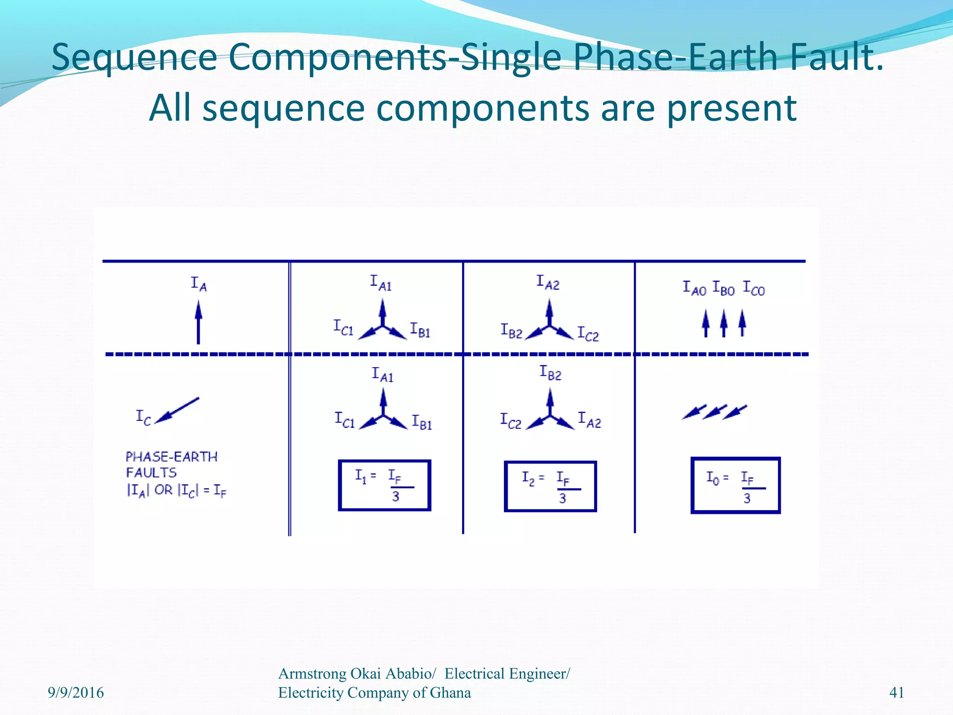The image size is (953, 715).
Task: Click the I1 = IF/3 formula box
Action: tap(384, 485)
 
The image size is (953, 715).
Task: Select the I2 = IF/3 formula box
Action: tap(550, 486)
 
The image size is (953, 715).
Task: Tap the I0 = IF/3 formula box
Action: tap(735, 485)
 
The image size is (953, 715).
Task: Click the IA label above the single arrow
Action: tap(199, 283)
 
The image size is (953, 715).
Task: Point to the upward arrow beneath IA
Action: tap(199, 322)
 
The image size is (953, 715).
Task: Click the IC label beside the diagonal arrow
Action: tap(143, 417)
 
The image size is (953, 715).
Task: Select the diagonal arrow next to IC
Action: tap(177, 410)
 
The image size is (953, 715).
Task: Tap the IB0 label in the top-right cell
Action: tap(723, 288)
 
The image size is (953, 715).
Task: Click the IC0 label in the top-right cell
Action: tap(753, 288)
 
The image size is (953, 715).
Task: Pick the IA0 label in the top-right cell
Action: tap(694, 288)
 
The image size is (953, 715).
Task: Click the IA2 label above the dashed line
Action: tap(548, 282)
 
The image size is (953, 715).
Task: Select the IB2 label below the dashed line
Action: tap(550, 372)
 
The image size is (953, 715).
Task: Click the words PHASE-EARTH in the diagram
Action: tap(171, 457)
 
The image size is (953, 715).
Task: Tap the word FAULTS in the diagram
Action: tap(151, 473)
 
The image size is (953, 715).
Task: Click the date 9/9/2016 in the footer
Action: tap(76, 693)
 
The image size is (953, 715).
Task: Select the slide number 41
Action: tap(896, 693)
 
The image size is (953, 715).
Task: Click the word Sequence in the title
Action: tap(134, 58)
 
